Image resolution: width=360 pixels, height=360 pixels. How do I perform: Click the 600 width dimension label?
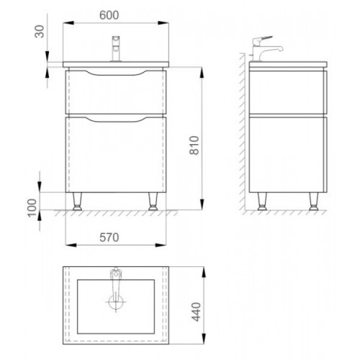[x=109, y=15]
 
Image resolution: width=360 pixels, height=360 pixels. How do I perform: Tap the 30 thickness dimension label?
[x=40, y=32]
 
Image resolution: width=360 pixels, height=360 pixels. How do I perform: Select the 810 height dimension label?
[x=194, y=145]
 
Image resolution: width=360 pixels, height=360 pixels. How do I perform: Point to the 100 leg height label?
[x=32, y=208]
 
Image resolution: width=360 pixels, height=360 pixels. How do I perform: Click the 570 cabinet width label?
[x=109, y=238]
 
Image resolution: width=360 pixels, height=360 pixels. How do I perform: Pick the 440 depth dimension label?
[x=197, y=312]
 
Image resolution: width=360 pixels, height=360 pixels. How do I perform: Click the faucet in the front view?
[x=116, y=49]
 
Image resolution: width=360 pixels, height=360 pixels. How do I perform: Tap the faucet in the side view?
[x=266, y=49]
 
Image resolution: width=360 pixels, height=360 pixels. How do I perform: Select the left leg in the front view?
[x=77, y=202]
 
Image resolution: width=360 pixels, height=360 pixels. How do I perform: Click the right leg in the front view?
[x=153, y=202]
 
